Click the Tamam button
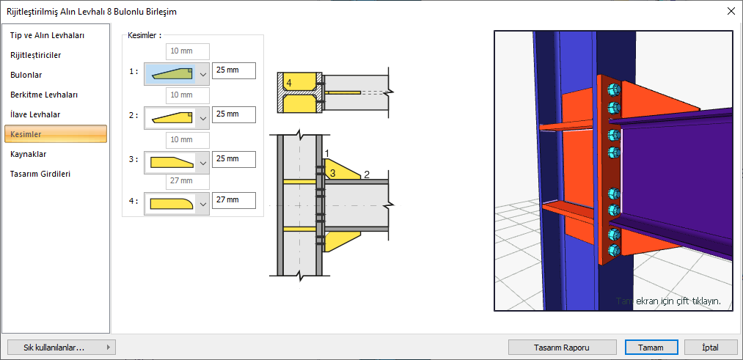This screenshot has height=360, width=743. pyautogui.click(x=651, y=348)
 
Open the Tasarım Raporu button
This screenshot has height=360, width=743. pyautogui.click(x=563, y=348)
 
